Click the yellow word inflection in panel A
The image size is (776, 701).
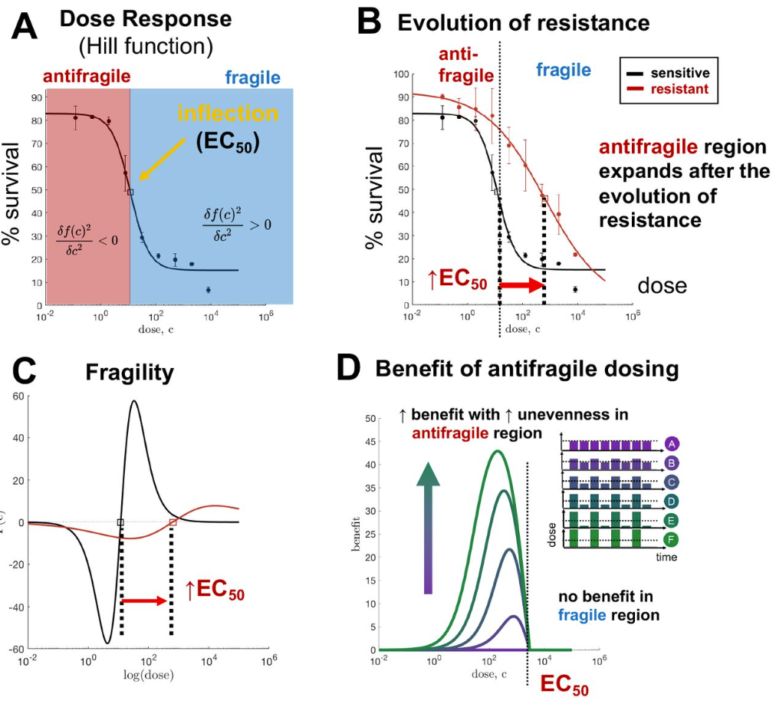pos(228,114)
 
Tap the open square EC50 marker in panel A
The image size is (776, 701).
pos(130,193)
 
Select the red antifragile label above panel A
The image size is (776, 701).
pos(87,76)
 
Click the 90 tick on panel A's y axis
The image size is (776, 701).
pos(36,97)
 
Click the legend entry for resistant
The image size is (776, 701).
pos(680,90)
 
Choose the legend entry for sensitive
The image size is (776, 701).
pos(680,74)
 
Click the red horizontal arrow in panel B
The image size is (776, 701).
pos(521,285)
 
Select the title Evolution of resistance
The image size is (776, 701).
pos(523,23)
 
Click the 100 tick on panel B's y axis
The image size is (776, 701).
pos(399,74)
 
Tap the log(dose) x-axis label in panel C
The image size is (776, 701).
pos(148,676)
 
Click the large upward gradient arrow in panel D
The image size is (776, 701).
pos(429,528)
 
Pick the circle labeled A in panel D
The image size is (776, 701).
pos(672,444)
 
